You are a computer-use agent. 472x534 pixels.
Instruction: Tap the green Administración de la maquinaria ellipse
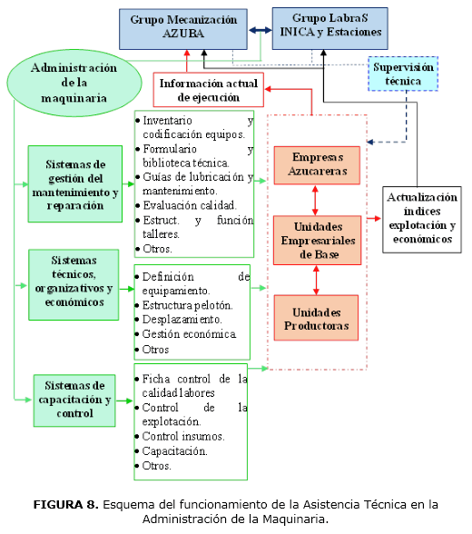[74, 82]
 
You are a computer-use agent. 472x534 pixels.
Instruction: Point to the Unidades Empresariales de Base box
[315, 239]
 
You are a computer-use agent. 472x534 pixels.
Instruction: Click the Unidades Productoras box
[315, 318]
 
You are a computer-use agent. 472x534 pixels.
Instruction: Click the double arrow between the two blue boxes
[261, 30]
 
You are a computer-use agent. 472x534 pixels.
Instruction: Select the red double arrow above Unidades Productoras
[315, 280]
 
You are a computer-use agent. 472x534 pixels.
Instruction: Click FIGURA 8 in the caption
[65, 504]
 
